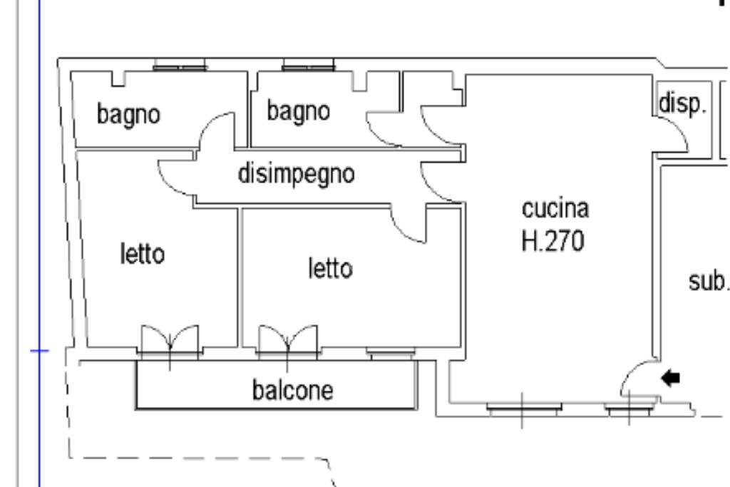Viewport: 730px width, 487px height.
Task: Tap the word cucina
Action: (x=556, y=210)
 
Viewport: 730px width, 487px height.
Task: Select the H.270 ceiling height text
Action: (x=553, y=242)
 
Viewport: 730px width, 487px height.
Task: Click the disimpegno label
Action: (x=296, y=174)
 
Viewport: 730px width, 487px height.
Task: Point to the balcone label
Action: (x=292, y=391)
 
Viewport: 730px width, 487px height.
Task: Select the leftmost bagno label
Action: (x=128, y=113)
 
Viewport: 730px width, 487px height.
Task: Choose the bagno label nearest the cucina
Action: (x=299, y=111)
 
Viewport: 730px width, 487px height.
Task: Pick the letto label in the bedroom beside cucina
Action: (x=330, y=269)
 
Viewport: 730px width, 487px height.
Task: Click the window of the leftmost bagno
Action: (x=181, y=67)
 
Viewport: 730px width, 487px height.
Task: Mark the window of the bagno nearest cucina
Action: (x=308, y=67)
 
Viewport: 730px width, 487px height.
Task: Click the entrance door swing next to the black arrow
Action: (x=636, y=381)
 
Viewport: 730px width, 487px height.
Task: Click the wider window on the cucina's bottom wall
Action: (x=523, y=409)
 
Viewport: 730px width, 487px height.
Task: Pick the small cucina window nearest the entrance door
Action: (x=629, y=409)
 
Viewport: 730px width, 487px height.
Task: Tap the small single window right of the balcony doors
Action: (x=391, y=351)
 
